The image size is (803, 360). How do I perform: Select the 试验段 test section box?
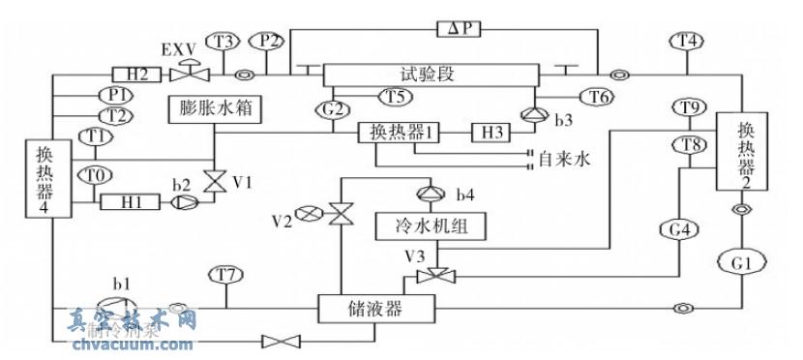pos(430,75)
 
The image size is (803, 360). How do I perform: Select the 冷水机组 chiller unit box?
pos(430,226)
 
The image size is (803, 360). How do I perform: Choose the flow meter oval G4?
pos(680,230)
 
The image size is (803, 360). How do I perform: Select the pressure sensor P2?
pos(268,41)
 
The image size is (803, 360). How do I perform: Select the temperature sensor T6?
pos(597,95)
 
